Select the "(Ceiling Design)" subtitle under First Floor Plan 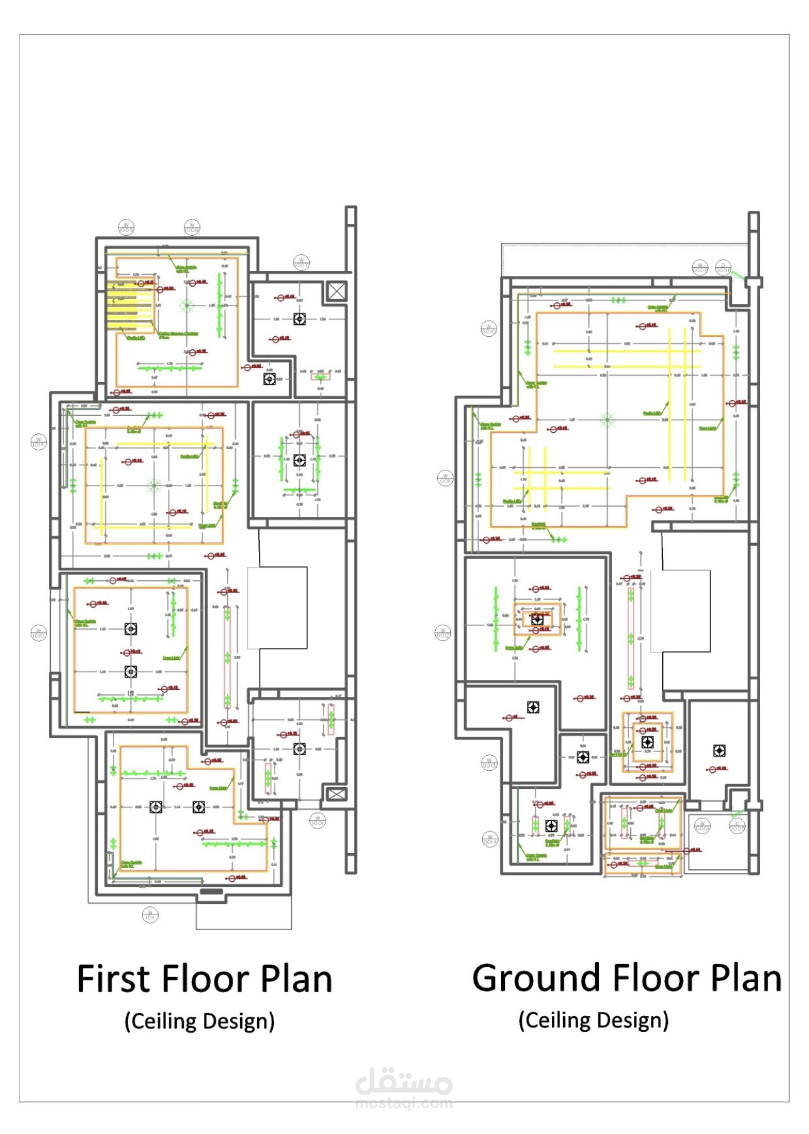(x=199, y=1022)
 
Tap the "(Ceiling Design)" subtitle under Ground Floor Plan (x=593, y=1020)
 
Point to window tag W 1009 (x=126, y=228)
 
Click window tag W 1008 (x=192, y=228)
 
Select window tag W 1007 (x=301, y=263)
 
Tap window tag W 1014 (x=39, y=442)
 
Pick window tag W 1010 (x=39, y=633)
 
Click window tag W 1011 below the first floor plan (x=150, y=915)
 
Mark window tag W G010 (x=489, y=328)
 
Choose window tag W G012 (x=443, y=633)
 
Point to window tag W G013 (x=489, y=763)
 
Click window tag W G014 (x=490, y=839)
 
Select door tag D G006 (x=723, y=267)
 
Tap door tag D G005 (x=737, y=826)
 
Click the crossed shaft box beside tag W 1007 (x=337, y=291)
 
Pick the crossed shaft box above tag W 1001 (x=337, y=794)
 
